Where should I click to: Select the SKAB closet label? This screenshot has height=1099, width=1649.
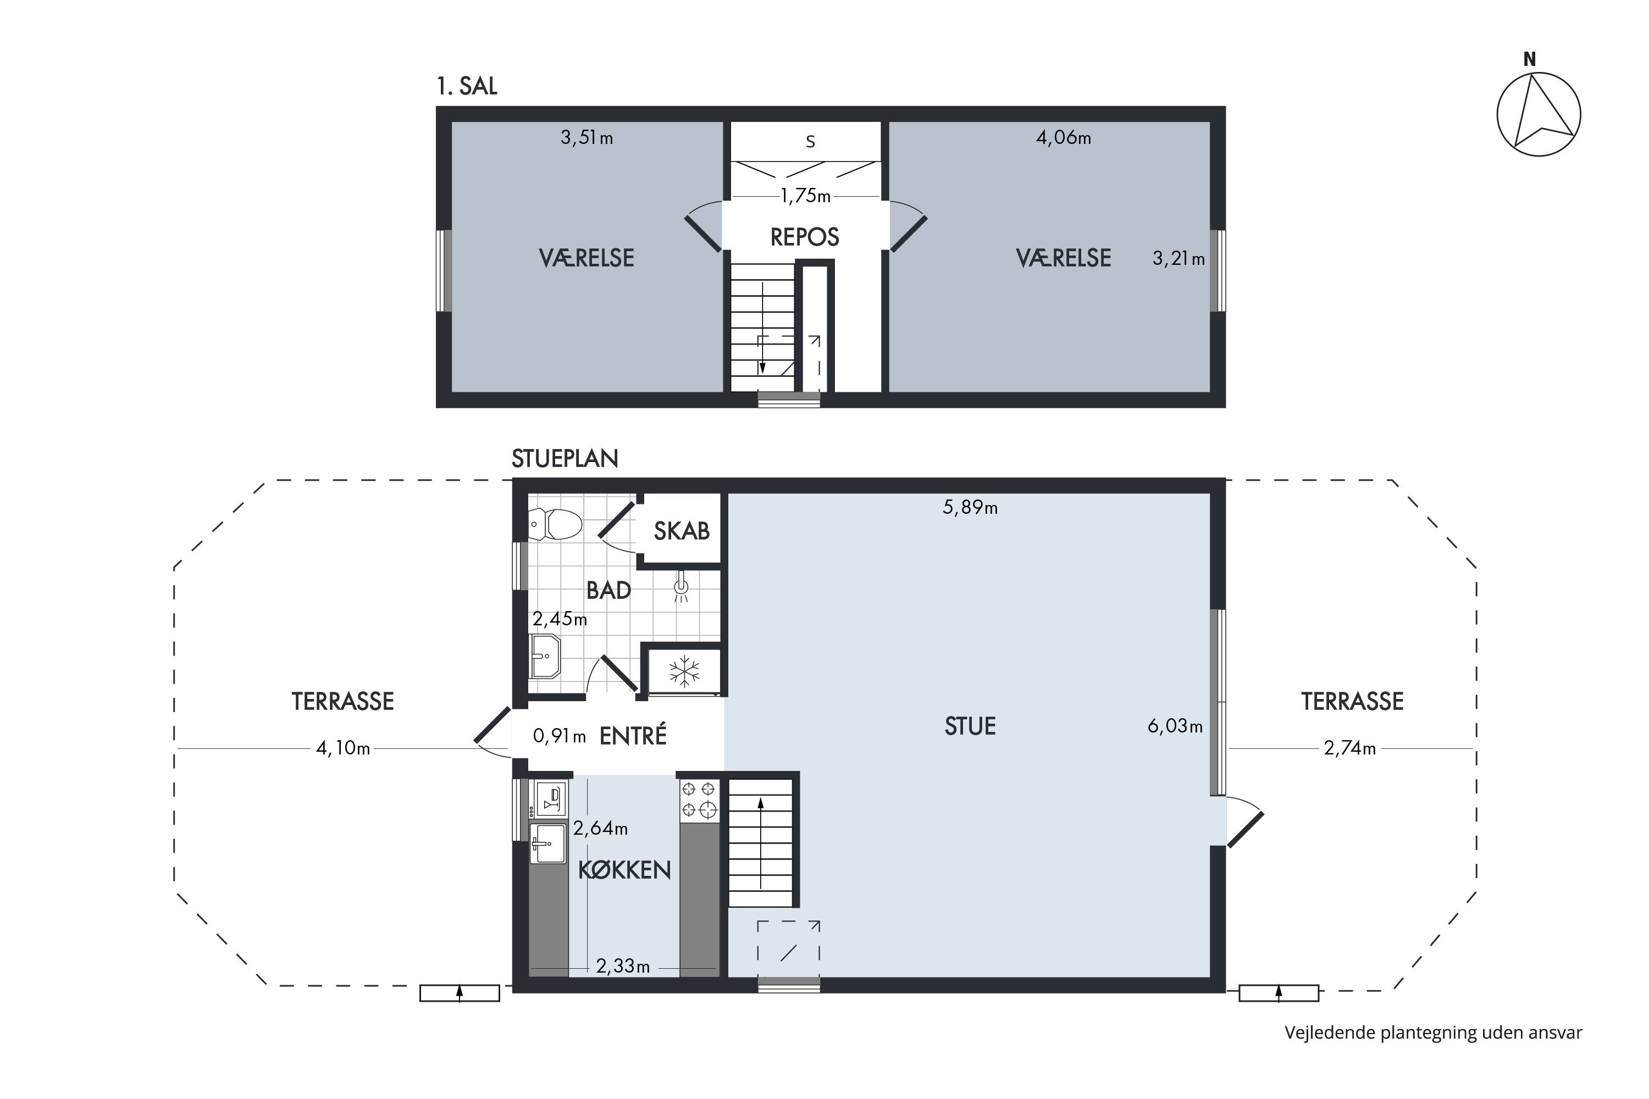click(682, 531)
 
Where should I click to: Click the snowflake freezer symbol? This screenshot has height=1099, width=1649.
click(684, 671)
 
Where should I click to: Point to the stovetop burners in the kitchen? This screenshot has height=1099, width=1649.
click(700, 799)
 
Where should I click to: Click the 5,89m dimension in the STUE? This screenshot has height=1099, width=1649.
click(970, 507)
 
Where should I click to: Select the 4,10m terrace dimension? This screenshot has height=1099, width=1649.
click(343, 748)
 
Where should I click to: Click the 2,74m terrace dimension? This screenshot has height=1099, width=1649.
click(1349, 748)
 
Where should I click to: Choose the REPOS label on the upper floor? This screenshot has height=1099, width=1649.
click(805, 237)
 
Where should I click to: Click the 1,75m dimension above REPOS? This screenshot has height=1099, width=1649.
click(806, 196)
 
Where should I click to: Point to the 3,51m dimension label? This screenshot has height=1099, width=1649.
click(587, 138)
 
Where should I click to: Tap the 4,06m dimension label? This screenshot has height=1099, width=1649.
click(1064, 137)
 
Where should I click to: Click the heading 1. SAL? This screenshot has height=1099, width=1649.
click(467, 86)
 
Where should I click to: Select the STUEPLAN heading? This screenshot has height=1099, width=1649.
click(565, 458)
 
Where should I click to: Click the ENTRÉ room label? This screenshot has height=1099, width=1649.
click(633, 735)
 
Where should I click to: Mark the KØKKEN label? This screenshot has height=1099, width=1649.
click(624, 870)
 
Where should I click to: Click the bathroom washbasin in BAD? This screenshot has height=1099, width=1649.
click(545, 657)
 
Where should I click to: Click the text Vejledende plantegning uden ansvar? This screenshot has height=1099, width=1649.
click(1434, 1033)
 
